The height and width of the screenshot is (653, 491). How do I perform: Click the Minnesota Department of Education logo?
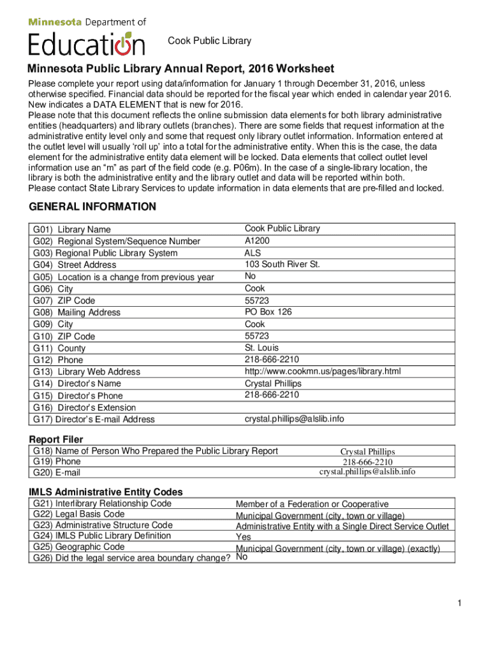tap(87, 37)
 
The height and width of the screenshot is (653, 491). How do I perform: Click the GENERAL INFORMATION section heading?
tap(92, 207)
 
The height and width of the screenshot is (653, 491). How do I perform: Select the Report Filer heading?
tap(56, 439)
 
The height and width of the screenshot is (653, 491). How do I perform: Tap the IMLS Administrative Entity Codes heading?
tap(106, 492)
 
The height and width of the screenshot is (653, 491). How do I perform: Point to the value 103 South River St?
tap(282, 264)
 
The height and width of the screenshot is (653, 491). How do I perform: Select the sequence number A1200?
tap(257, 240)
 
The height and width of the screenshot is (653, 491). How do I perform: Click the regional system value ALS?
tap(253, 253)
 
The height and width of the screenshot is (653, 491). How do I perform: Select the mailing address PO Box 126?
tap(268, 312)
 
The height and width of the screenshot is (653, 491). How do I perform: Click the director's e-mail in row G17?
tap(295, 419)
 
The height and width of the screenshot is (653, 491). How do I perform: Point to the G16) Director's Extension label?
tap(84, 407)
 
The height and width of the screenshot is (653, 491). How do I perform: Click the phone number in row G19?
tap(367, 462)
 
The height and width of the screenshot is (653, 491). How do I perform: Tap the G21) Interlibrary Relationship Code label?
tap(102, 503)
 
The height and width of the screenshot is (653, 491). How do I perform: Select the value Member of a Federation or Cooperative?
tap(312, 504)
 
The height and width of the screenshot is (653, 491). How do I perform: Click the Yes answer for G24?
tap(244, 536)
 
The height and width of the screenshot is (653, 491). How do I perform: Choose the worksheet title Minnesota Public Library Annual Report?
tap(180, 69)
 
